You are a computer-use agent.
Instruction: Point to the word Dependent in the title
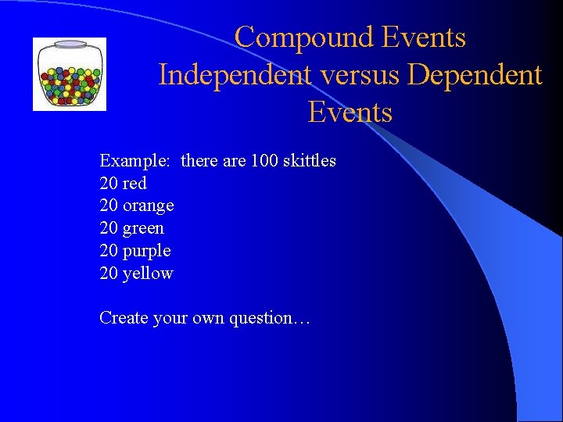coord(475,75)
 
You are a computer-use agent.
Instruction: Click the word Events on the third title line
coord(350,113)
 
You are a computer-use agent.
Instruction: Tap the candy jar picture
coord(69,74)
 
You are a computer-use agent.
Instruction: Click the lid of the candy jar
coord(69,45)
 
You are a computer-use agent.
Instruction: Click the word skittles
coord(310,161)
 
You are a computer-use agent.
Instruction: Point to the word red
coord(134,184)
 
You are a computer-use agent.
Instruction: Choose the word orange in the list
coord(148,206)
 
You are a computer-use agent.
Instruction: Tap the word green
coord(143,228)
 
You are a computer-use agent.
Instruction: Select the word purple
coord(146,251)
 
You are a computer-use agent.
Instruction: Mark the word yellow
coord(148,274)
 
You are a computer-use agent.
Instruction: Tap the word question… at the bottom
coord(270,319)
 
